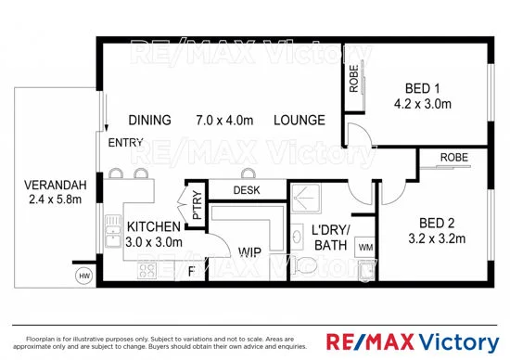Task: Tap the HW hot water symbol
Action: click(84, 276)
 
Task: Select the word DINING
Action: click(149, 121)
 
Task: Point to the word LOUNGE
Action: click(299, 121)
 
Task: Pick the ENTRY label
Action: click(125, 144)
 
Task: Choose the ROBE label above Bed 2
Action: click(453, 158)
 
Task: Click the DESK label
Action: click(246, 190)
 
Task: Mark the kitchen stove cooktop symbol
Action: click(147, 270)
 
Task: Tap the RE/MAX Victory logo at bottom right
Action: click(422, 339)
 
